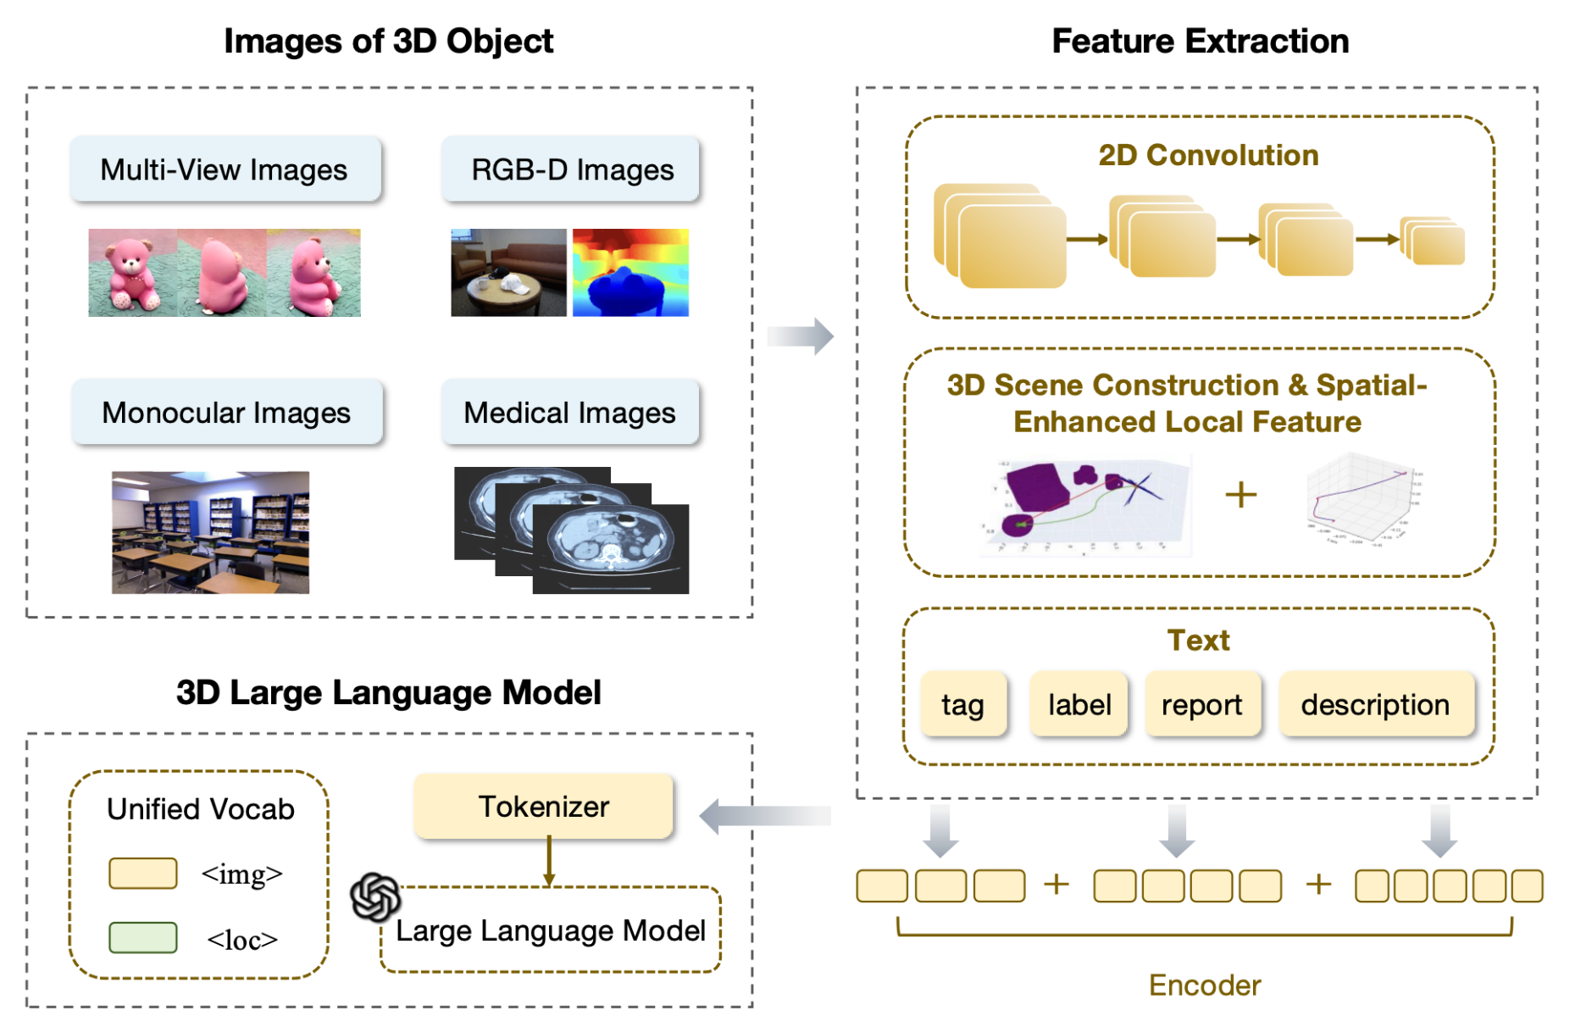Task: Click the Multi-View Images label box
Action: [x=225, y=169]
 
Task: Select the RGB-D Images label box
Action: [x=571, y=169]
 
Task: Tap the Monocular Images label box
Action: [x=226, y=413]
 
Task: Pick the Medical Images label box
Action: [x=569, y=413]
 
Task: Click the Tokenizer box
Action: [x=543, y=807]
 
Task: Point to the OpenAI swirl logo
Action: [x=374, y=897]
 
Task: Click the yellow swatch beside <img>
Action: [x=142, y=874]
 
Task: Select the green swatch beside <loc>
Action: [x=142, y=938]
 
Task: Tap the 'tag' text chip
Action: [x=962, y=704]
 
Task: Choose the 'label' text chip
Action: [x=1079, y=704]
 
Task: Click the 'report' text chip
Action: [x=1201, y=704]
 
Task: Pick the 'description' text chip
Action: [x=1375, y=704]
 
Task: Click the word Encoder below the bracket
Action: [x=1204, y=985]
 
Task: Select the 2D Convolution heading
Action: [x=1208, y=155]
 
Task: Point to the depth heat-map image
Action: [x=630, y=273]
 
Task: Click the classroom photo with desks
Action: [x=210, y=532]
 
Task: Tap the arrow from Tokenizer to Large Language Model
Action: [x=549, y=861]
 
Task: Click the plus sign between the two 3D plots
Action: [x=1240, y=494]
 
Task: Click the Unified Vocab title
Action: [x=201, y=809]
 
